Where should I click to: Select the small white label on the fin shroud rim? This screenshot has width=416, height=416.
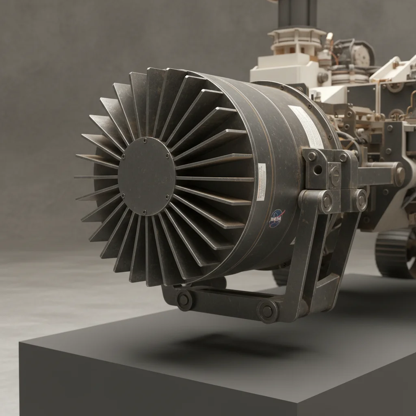[x=262, y=181]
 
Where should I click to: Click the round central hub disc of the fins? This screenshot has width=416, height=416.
[x=146, y=176]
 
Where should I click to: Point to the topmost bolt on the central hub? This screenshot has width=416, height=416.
[x=145, y=140]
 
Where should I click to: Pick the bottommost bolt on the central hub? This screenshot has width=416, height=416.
[x=144, y=212]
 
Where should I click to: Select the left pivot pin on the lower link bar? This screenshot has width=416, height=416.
[x=184, y=301]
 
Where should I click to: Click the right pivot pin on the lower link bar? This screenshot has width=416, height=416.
[x=267, y=311]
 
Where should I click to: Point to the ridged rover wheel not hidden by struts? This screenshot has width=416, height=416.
[x=395, y=253]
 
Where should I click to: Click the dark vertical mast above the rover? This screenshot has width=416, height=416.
[x=297, y=14]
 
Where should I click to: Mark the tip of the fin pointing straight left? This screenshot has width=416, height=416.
[x=76, y=177]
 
